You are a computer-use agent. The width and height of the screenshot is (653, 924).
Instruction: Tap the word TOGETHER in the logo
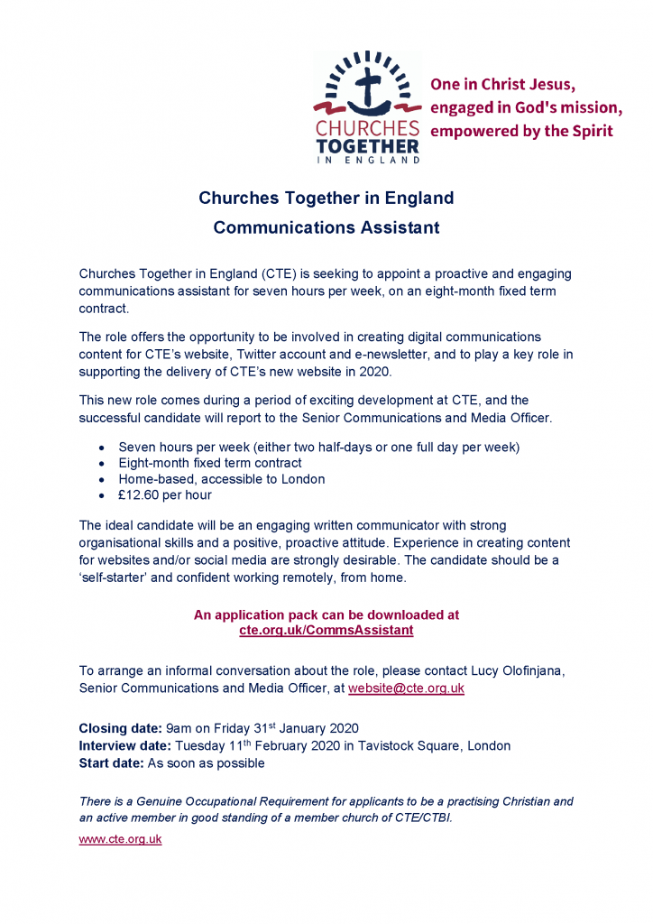(367, 144)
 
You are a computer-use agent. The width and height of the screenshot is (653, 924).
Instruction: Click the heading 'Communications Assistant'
(326, 227)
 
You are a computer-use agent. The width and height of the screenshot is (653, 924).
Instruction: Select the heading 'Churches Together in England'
(326, 198)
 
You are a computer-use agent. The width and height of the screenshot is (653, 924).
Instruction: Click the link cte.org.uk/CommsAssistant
(326, 631)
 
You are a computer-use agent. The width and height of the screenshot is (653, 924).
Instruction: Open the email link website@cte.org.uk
(406, 688)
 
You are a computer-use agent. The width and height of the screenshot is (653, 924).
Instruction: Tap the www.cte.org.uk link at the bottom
(121, 838)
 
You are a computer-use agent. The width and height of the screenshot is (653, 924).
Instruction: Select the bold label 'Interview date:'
(125, 745)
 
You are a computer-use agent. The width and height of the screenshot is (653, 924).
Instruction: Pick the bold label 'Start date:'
(112, 762)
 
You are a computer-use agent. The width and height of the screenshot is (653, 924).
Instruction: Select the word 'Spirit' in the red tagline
(593, 131)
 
